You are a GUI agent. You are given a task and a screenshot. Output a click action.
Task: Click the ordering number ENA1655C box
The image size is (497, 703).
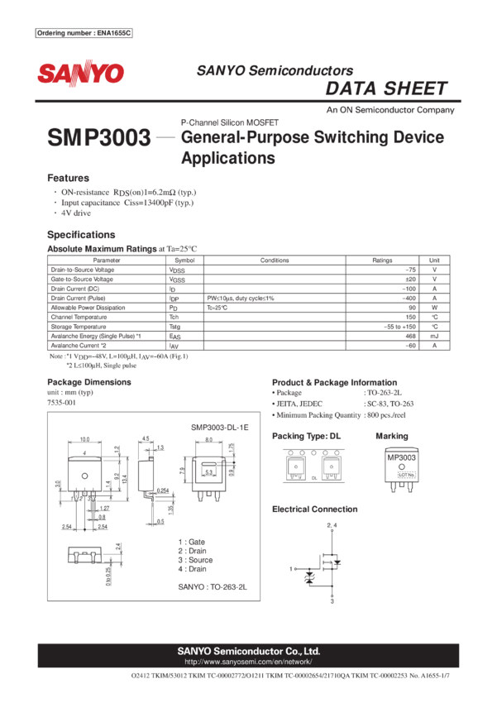point(85,33)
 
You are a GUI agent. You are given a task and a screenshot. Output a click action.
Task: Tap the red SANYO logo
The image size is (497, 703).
point(80,74)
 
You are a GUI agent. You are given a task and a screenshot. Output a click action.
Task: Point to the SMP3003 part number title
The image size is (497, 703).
point(100,138)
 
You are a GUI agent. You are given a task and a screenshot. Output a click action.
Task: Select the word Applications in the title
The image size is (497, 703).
point(227,158)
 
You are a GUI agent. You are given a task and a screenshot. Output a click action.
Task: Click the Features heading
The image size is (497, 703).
point(68,179)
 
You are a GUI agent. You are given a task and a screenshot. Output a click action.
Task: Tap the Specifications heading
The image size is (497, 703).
point(81,235)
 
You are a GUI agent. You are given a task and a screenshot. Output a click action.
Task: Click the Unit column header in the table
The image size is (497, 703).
point(434,260)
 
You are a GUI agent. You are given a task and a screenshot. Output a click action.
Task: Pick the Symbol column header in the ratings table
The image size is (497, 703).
point(184,260)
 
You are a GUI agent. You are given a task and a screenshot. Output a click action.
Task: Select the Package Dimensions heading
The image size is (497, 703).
point(89,382)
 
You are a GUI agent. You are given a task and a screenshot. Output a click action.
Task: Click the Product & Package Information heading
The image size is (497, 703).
point(334,382)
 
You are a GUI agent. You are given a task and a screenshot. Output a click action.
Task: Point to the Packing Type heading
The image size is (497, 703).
point(306,436)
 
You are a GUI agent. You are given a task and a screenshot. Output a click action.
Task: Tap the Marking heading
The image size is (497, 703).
point(392,436)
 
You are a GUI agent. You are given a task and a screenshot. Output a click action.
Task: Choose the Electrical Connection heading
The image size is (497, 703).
point(315,509)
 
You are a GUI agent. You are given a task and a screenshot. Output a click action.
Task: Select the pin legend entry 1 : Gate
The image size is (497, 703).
point(192,541)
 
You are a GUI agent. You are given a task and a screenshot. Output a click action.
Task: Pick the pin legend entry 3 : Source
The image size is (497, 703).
point(195,559)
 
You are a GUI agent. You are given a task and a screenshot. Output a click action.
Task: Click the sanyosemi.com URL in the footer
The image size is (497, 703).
point(248,662)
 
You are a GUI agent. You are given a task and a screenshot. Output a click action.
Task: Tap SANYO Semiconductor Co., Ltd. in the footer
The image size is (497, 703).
point(248,651)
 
